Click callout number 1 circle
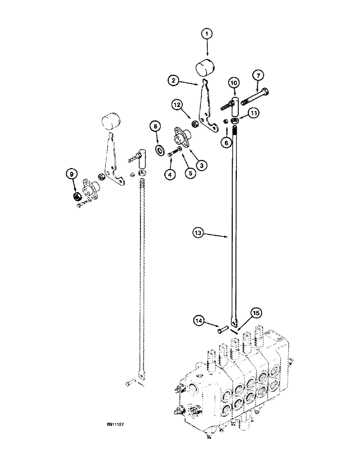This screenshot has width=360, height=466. click(x=207, y=34)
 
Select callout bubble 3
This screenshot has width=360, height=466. click(x=202, y=164)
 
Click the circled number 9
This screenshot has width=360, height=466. click(x=71, y=175)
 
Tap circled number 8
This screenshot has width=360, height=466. click(x=155, y=126)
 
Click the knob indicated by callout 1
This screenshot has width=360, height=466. click(x=205, y=69)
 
